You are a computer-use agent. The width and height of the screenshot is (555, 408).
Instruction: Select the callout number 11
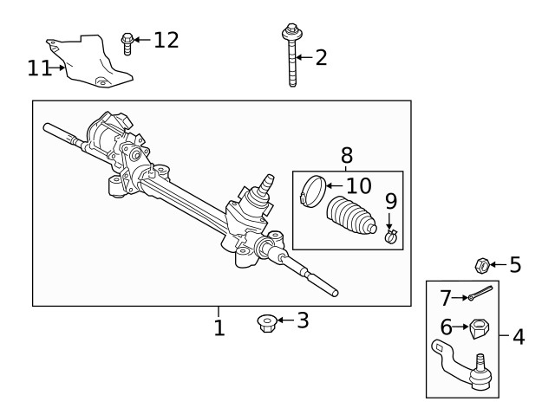pos(39,67)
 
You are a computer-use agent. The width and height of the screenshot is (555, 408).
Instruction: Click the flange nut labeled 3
pos(265,322)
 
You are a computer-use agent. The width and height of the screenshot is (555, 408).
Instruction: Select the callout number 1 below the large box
pos(219,328)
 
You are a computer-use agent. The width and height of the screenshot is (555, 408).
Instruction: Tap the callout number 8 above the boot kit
pos(347,155)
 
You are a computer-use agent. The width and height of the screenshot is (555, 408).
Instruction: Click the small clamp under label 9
pos(391,235)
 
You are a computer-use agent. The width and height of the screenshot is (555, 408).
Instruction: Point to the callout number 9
pos(390,202)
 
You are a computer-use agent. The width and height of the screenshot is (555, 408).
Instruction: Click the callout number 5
pos(515,264)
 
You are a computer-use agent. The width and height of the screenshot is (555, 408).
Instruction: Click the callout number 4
pos(519,336)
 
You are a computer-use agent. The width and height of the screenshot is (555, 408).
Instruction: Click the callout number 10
pos(358,185)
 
